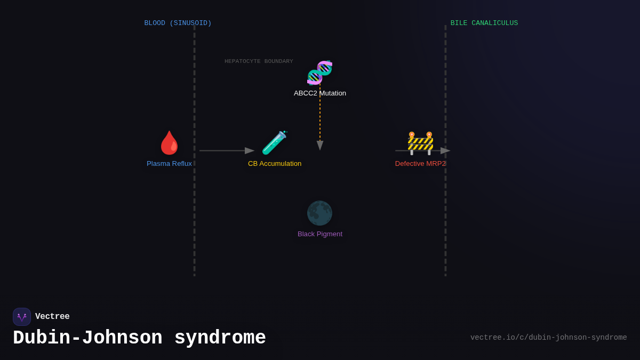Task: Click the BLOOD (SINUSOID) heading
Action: click(x=178, y=23)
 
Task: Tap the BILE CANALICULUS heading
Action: click(x=484, y=23)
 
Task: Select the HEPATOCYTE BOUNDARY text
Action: click(x=259, y=61)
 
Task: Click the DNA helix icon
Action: click(x=319, y=73)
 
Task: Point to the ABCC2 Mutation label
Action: click(x=319, y=93)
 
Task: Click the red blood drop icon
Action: click(x=170, y=143)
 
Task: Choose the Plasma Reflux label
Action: click(x=169, y=164)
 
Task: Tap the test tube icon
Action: click(x=274, y=143)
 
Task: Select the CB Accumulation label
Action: click(x=274, y=164)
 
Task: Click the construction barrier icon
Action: click(x=420, y=143)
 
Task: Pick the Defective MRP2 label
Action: click(x=420, y=164)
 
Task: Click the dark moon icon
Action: click(x=319, y=213)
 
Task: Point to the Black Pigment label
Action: click(x=319, y=234)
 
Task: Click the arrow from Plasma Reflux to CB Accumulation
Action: click(x=224, y=151)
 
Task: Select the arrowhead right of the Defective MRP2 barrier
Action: click(x=445, y=151)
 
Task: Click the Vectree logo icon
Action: click(x=22, y=317)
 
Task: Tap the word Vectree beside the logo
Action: click(x=52, y=317)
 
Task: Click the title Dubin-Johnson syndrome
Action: click(x=139, y=338)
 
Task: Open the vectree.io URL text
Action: click(x=548, y=338)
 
